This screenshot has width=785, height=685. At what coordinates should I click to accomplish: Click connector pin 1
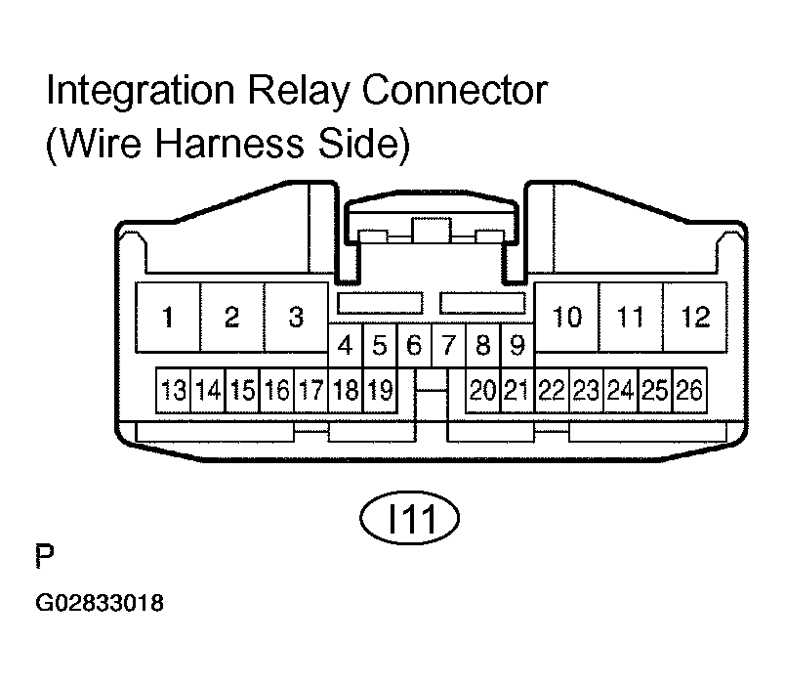(168, 318)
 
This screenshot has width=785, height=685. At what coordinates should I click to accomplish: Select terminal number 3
(296, 318)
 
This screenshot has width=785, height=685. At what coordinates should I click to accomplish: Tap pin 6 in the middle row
(414, 345)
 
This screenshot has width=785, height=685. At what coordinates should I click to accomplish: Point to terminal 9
(517, 345)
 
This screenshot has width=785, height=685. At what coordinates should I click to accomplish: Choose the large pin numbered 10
(566, 318)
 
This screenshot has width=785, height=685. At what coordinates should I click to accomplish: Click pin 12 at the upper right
(695, 318)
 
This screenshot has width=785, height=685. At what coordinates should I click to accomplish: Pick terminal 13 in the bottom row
(173, 390)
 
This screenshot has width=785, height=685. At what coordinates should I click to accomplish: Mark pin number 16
(277, 390)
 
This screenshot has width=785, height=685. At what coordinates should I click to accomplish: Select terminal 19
(380, 390)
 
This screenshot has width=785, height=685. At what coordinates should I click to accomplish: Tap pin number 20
(482, 390)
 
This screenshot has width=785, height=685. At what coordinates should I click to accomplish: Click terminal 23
(586, 390)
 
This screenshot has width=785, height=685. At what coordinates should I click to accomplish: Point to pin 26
(690, 390)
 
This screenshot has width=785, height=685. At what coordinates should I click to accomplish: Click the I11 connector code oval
(409, 518)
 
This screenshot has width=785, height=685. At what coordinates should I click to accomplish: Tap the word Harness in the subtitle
(229, 143)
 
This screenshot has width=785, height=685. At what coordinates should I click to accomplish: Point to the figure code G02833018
(100, 603)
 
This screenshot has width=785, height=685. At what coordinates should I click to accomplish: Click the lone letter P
(45, 556)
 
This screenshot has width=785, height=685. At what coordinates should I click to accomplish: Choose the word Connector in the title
(455, 91)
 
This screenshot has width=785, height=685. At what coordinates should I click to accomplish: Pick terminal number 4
(346, 345)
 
